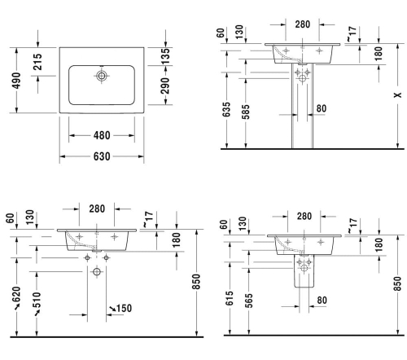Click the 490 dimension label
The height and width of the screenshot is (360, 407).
point(16,81)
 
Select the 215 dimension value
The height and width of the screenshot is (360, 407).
point(37,62)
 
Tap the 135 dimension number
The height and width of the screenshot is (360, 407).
point(165,56)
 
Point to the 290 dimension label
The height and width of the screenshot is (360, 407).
point(165,86)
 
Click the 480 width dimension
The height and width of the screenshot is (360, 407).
point(102,135)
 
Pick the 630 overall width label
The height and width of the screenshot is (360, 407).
point(102,156)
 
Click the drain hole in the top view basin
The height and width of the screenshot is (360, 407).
point(102,76)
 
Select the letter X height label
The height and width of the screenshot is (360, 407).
point(398,95)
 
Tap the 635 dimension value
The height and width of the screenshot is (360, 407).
point(226,109)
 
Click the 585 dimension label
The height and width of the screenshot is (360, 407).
point(246,112)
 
